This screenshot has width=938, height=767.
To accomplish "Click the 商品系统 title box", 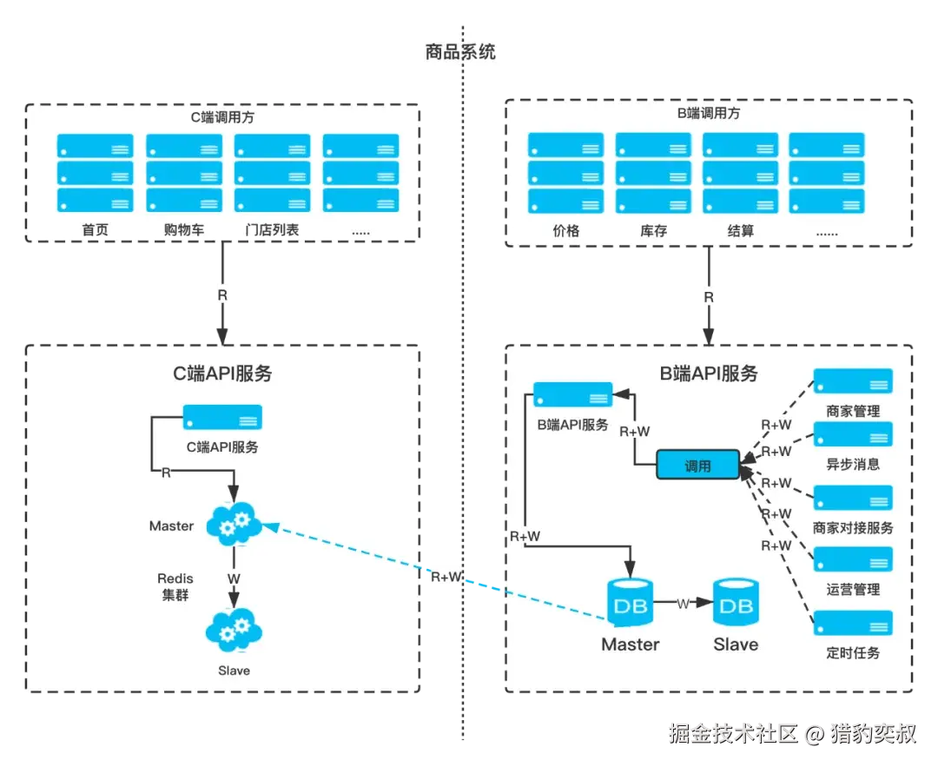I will coord(459,50).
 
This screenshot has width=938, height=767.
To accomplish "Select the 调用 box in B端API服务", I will coord(697,466).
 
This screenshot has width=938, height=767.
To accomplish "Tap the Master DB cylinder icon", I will coord(631,602).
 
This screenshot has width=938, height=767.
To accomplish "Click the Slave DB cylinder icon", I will coord(736,602).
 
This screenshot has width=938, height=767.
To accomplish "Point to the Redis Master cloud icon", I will coord(234,524).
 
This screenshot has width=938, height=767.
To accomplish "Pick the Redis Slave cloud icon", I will coord(234,631).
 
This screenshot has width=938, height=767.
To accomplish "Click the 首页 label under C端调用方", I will coord(95,231).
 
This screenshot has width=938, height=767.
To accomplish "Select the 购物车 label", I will coord(184,231).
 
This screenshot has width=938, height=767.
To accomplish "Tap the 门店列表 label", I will coord(272,231).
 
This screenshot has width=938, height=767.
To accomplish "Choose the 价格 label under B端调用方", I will coord(565,231).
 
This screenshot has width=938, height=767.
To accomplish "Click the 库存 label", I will coord(653,231).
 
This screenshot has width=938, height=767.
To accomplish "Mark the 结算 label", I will coord(741,231).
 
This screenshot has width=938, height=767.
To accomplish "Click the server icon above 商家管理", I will coord(853,381).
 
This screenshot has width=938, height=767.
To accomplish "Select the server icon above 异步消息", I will coord(853,434).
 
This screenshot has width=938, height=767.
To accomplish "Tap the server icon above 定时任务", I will coord(853,623).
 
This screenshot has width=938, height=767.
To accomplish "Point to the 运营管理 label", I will coord(853,590).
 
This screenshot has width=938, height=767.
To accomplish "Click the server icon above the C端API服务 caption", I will coord(222,418).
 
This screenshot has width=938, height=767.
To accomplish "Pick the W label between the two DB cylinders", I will coord(684,603).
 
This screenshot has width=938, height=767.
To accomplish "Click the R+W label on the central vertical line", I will coord(446,575).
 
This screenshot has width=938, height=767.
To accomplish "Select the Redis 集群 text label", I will coord(175,587).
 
